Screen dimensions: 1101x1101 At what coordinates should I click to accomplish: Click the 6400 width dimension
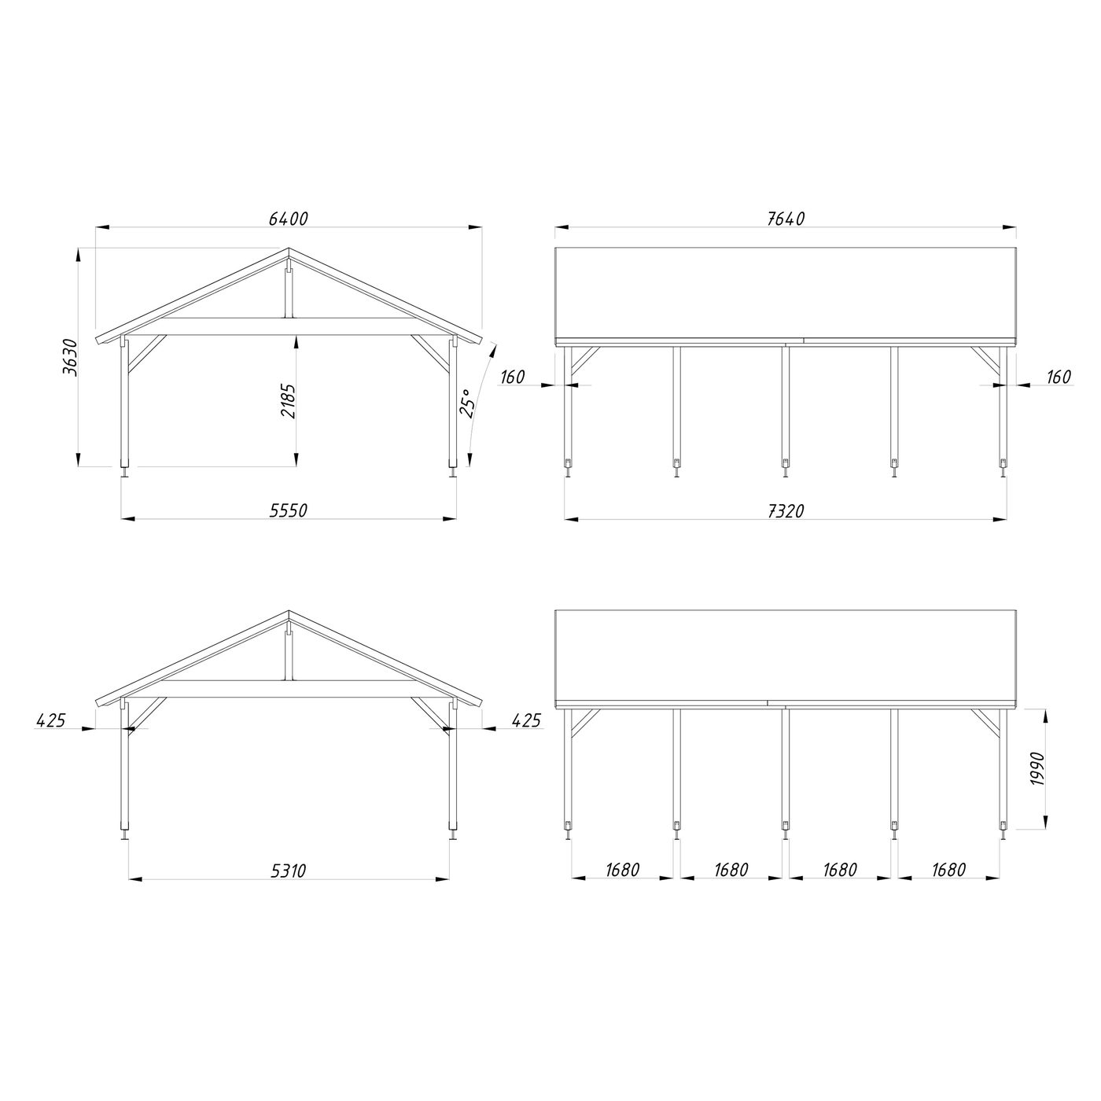(x=288, y=219)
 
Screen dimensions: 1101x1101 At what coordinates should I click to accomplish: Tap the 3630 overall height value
(x=70, y=358)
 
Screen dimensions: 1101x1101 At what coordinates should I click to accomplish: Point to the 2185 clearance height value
(x=289, y=401)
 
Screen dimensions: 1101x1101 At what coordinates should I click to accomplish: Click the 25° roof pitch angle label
(x=467, y=403)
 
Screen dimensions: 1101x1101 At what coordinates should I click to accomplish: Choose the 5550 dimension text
(x=288, y=510)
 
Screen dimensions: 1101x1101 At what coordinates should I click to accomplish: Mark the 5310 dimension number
(x=288, y=871)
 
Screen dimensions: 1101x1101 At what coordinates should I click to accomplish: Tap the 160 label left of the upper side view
(x=512, y=377)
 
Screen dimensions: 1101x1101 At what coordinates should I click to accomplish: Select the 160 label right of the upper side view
(x=1059, y=377)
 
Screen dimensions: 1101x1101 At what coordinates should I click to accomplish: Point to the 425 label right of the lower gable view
(x=525, y=720)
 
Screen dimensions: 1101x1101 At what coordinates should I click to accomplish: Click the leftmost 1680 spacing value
(x=622, y=871)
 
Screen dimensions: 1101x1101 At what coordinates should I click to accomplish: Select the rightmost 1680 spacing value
(x=948, y=871)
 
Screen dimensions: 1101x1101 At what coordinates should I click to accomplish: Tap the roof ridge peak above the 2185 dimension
(x=289, y=251)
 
